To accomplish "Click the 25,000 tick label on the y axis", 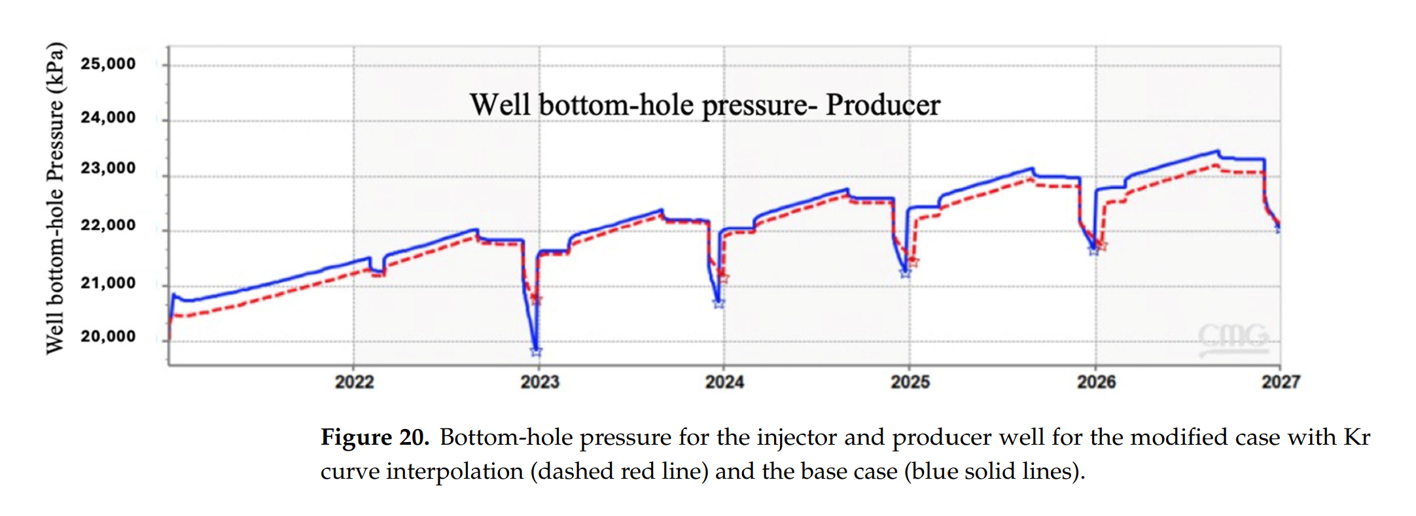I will click(108, 64).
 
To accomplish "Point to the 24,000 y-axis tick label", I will click(108, 118).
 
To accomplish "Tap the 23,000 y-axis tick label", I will click(108, 169).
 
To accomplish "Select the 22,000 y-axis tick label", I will click(108, 226).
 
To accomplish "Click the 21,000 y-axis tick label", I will click(108, 283).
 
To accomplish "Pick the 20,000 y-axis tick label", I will click(108, 337).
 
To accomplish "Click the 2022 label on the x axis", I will click(354, 382).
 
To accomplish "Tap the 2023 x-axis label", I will click(539, 382).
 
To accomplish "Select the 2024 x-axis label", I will click(724, 382).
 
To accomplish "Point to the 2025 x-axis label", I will click(910, 382).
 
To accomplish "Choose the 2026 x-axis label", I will click(1096, 382).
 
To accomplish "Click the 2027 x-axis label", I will click(1281, 382).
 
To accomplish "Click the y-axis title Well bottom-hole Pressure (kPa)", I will click(56, 198).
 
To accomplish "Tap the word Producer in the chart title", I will click(883, 105).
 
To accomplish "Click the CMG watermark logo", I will click(1233, 337).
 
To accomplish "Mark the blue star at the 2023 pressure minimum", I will click(536, 352).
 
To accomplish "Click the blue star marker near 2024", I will click(718, 303).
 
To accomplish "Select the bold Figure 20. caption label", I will click(374, 437).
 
